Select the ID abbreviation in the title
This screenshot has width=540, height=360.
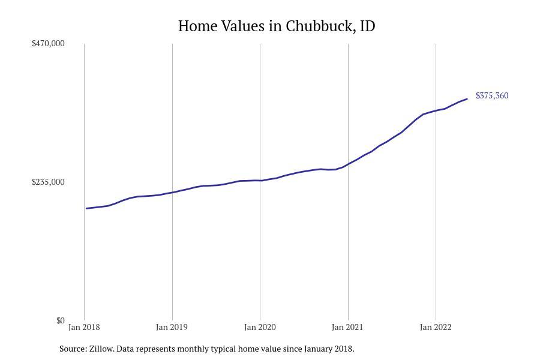coord(367,26)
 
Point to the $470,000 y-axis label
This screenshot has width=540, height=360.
coord(48,43)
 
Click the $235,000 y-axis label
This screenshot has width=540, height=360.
coord(48,182)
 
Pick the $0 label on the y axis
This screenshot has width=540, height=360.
coord(60,320)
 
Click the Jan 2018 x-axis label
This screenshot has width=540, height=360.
coord(84,327)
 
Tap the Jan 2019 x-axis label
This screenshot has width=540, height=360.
coord(172,327)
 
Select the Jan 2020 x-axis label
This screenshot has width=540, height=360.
coord(260,327)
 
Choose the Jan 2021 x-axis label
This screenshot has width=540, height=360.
coord(347,327)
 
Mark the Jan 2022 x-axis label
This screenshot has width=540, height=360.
coord(436,327)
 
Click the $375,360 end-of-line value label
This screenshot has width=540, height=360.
coord(492,96)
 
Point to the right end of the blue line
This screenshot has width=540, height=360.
coord(467,99)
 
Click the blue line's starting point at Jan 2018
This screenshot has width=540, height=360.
coord(86,208)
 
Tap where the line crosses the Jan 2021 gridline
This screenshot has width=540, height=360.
coord(348,164)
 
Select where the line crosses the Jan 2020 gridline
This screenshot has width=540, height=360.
coord(260,181)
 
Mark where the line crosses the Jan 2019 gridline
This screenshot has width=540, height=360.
coord(172,193)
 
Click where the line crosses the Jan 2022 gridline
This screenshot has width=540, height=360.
coord(436,110)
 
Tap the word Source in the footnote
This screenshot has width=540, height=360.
coord(72,349)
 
